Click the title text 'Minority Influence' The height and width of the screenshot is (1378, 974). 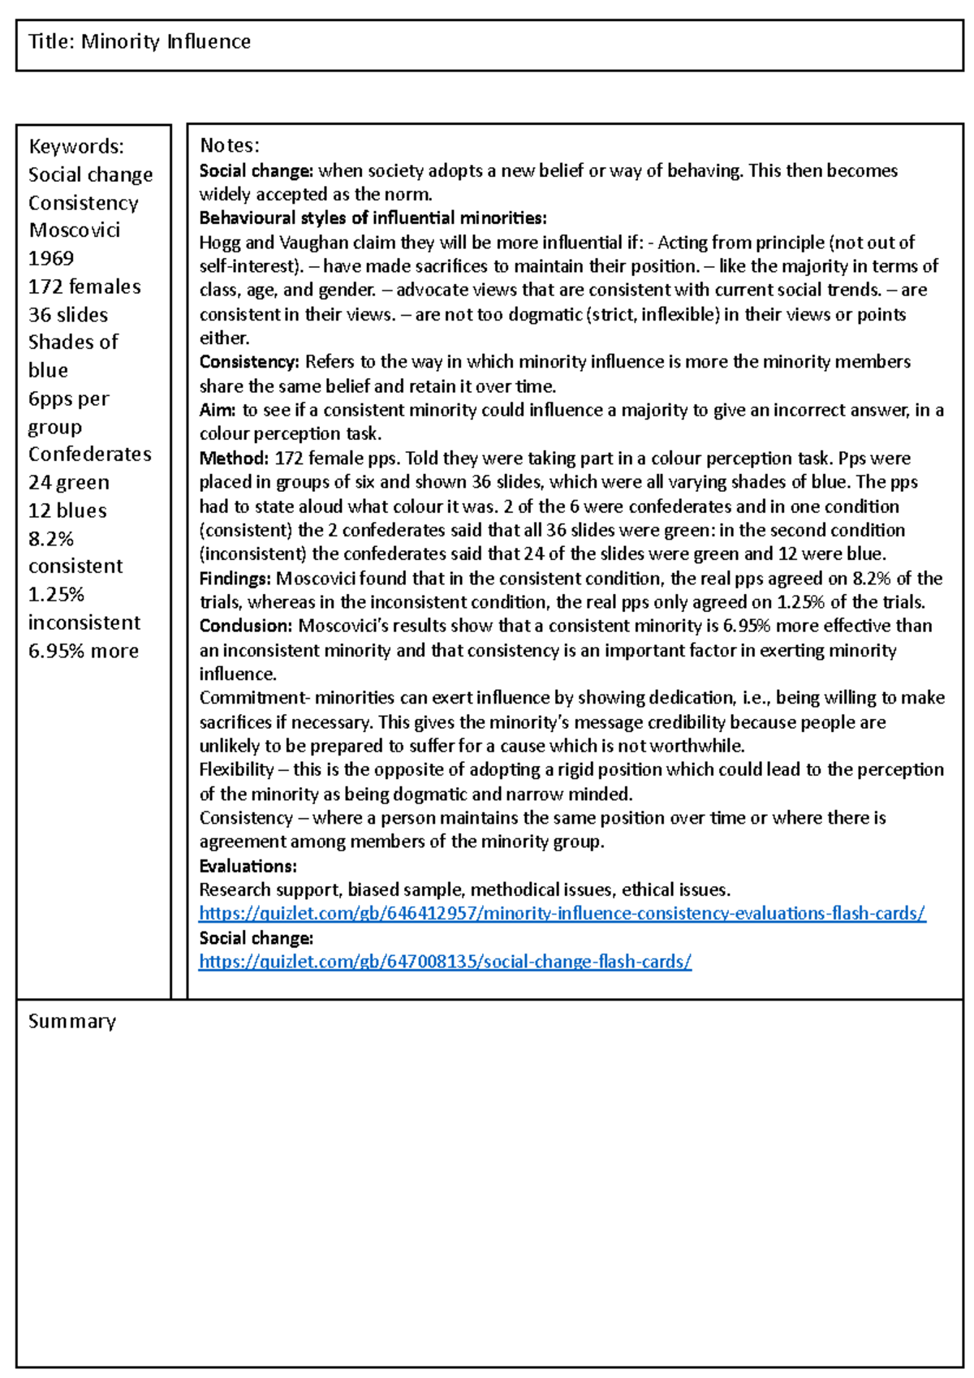(x=166, y=41)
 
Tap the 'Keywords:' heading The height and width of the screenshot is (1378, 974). (x=76, y=146)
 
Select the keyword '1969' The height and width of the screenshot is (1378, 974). (x=51, y=258)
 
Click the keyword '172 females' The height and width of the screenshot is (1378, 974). (x=84, y=286)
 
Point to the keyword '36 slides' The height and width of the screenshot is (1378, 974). (x=68, y=315)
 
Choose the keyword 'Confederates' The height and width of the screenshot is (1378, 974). (x=90, y=454)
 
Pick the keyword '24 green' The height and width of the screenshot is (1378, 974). (x=69, y=483)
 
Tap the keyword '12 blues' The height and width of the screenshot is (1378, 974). (x=67, y=510)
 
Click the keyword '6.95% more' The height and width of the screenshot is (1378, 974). (x=84, y=651)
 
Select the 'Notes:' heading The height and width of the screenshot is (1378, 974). (x=230, y=145)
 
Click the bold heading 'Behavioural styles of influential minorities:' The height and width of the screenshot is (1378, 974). (x=373, y=218)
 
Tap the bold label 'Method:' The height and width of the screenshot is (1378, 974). (x=234, y=459)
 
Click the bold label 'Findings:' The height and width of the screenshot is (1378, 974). (x=235, y=579)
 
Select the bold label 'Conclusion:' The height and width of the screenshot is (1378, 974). (x=246, y=627)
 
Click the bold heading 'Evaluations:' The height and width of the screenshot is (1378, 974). (x=248, y=867)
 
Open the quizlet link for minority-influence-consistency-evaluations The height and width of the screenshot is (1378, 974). (x=562, y=914)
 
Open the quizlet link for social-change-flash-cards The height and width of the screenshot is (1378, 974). (x=445, y=962)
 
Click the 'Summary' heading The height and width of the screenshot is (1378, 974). (x=72, y=1021)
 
